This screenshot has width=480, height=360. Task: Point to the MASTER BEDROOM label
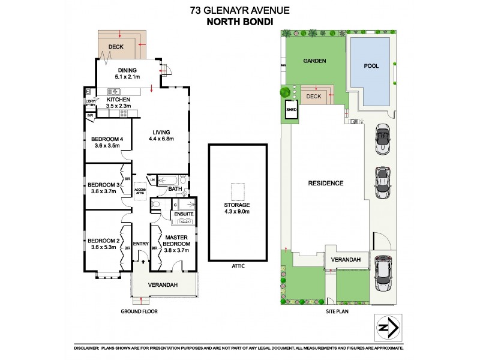pyautogui.click(x=177, y=243)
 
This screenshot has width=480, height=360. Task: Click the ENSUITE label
pyautogui.click(x=183, y=214)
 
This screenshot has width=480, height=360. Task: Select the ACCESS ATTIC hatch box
pyautogui.click(x=140, y=190)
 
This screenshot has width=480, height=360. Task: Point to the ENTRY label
pyautogui.click(x=140, y=243)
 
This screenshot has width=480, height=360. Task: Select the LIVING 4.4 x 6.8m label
pyautogui.click(x=161, y=136)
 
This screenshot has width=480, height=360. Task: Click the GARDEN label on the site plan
pyautogui.click(x=314, y=61)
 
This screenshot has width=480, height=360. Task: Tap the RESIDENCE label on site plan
pyautogui.click(x=326, y=183)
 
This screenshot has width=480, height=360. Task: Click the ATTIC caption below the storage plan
pyautogui.click(x=237, y=265)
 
